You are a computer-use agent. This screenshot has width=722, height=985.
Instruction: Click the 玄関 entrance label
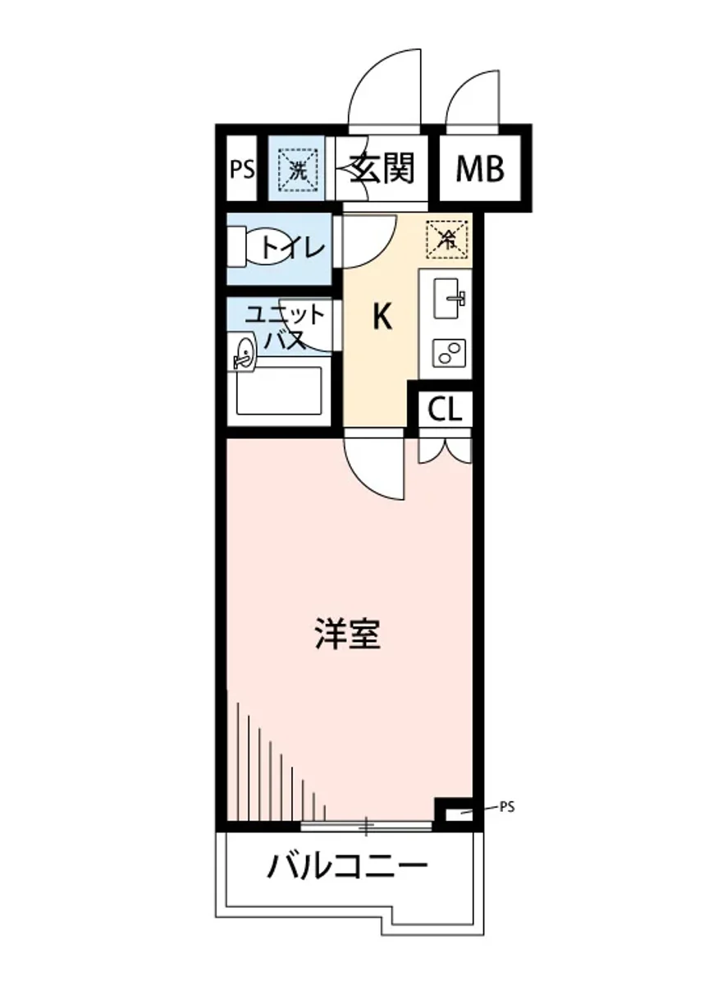point(382,169)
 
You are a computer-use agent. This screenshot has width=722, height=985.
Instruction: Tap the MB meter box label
point(479,170)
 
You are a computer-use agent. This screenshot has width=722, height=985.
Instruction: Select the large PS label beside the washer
point(241,170)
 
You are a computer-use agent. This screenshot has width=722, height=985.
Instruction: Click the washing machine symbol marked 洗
point(295,168)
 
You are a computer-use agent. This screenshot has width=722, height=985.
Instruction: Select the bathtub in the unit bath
point(279,392)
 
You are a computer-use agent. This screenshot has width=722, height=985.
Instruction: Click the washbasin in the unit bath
point(244,354)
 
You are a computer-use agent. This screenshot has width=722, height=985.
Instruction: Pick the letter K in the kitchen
point(381,316)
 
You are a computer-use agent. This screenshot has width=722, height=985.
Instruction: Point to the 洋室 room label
point(348,635)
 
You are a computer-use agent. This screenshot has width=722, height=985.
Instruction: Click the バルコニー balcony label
point(348,865)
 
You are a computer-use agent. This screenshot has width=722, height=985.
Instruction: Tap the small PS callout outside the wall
point(506,807)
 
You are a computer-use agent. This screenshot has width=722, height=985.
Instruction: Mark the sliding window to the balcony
point(366,825)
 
